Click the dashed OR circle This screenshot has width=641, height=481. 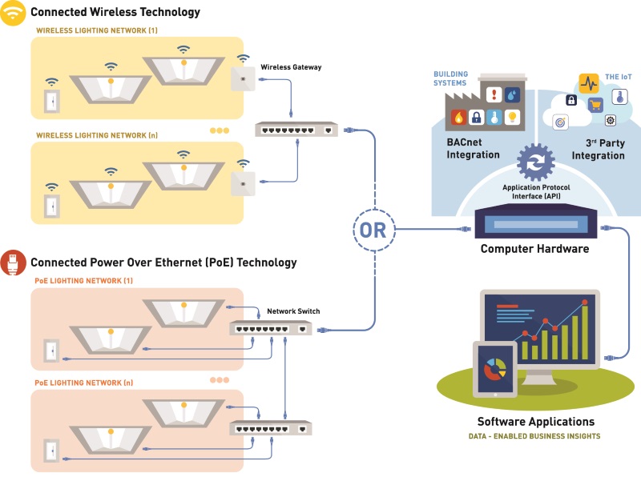[375, 230]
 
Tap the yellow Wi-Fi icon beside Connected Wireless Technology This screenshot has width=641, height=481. [13, 13]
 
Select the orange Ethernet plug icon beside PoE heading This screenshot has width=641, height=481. [13, 262]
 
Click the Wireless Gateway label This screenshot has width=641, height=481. [291, 67]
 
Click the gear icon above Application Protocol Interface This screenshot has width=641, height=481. [535, 162]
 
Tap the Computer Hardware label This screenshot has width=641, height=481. [534, 249]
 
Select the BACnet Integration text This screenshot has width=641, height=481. [474, 149]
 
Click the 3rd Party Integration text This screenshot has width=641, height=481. [598, 149]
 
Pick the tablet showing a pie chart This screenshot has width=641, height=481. [495, 369]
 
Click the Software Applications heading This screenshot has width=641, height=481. [535, 421]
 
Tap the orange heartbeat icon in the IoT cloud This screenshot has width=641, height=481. [589, 83]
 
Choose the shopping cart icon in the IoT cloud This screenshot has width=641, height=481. [595, 104]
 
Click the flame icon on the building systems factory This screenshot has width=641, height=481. [458, 118]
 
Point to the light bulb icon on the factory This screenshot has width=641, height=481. [513, 118]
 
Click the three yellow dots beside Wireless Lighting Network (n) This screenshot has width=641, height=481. [219, 130]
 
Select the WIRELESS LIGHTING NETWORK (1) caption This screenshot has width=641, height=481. [95, 30]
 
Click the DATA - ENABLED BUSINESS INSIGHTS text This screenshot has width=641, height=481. [534, 436]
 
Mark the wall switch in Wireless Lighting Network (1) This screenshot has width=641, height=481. [52, 102]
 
